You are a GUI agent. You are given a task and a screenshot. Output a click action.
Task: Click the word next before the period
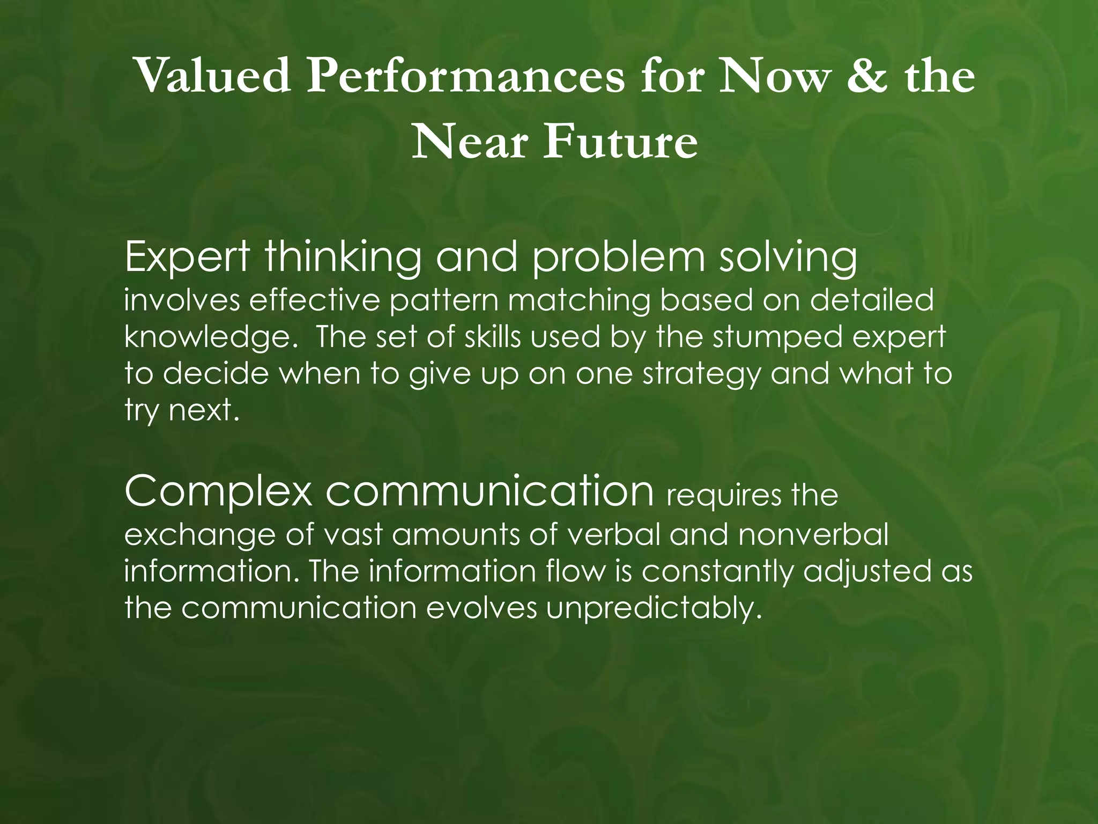coord(201,411)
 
